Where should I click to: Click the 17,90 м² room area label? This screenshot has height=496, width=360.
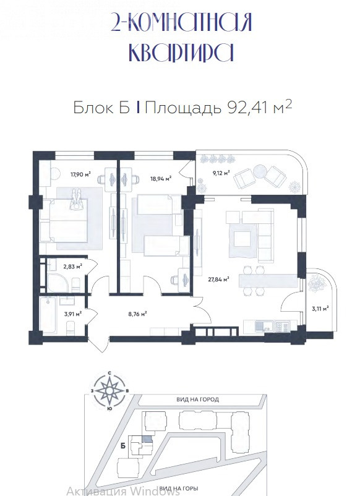pos(80,173)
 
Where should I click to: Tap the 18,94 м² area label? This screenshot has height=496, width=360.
pos(161,178)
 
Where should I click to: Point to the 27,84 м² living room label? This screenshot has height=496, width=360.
pos(218,280)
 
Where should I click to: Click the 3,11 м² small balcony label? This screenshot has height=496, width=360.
pos(320,309)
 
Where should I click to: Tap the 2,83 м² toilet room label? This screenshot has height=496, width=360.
pos(73,267)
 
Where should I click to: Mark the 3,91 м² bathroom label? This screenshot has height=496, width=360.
pos(73,314)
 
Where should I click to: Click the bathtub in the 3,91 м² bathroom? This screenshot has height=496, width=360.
pos(48,314)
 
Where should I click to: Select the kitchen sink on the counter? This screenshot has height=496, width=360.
pos(262,327)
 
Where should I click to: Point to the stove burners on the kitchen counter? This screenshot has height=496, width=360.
pos(282,327)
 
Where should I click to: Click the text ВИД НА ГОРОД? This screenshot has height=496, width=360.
pos(198,400)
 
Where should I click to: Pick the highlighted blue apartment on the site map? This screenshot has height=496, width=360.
pos(147,439)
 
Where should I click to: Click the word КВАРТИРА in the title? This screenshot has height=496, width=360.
pos(182,53)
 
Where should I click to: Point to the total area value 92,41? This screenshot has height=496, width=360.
pos(247,108)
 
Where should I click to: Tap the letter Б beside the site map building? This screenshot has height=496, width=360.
pos(123,446)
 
